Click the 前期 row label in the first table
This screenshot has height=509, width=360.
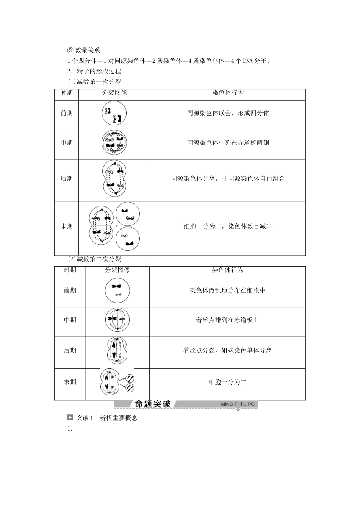[67, 113]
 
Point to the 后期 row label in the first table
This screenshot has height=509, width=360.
[67, 178]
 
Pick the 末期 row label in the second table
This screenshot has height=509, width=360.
[70, 382]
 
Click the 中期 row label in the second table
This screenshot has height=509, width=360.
[70, 320]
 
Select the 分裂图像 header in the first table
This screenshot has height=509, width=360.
[114, 93]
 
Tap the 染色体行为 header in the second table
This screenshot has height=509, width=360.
[227, 270]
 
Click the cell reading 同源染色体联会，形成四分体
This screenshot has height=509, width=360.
[228, 113]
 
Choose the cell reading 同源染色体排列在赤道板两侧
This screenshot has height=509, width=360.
[228, 143]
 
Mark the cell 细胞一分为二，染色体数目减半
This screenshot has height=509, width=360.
[228, 226]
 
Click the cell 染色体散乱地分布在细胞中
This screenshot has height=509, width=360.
[227, 290]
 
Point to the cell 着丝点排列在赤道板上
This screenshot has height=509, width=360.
[227, 320]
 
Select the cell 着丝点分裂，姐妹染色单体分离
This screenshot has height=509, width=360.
[227, 350]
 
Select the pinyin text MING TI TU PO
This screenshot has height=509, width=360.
[238, 404]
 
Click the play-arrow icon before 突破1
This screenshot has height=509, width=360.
[70, 418]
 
